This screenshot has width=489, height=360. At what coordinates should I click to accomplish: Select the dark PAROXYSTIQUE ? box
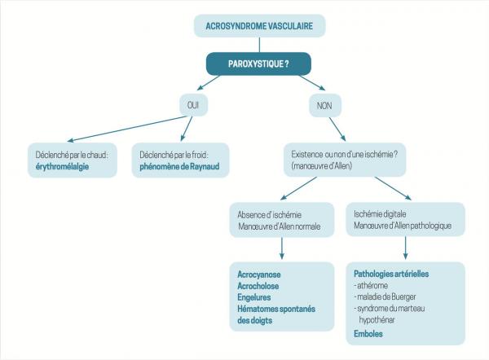pos(259,64)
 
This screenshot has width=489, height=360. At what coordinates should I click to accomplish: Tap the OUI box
pos(195,105)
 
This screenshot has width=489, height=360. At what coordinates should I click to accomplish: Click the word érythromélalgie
pos(58,166)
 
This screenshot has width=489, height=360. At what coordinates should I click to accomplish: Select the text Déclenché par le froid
pos(183,154)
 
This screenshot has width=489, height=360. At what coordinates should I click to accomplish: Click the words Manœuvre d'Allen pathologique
pos(404,226)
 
